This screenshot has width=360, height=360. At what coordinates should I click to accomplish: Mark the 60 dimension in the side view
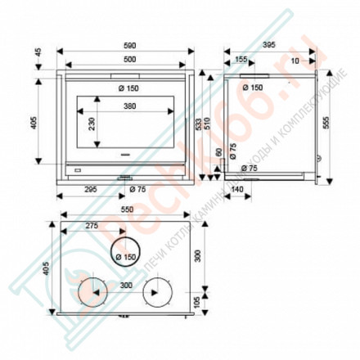pyautogui.click(x=218, y=153)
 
